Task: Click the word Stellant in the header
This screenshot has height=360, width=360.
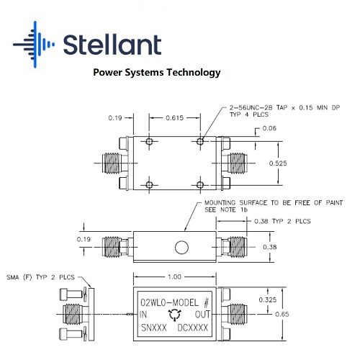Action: (x=112, y=45)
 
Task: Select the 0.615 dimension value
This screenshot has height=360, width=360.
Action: (x=174, y=118)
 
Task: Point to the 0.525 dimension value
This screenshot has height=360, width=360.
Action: (x=278, y=163)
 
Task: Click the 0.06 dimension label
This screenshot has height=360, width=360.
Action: (x=269, y=128)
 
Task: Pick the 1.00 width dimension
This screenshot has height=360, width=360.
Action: (x=174, y=276)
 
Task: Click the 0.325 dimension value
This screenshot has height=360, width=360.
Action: (x=268, y=300)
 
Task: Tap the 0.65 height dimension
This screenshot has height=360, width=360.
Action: (x=282, y=314)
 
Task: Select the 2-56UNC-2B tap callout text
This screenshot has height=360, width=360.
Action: (x=284, y=111)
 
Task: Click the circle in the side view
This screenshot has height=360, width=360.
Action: (x=181, y=247)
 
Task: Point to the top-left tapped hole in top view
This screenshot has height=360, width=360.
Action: (x=149, y=141)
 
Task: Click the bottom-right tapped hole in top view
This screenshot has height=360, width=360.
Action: (x=200, y=185)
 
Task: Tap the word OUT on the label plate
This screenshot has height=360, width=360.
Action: (x=202, y=315)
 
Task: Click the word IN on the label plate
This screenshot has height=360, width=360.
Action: (x=143, y=315)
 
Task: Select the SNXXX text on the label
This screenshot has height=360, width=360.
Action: (x=154, y=328)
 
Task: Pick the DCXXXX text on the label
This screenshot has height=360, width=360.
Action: (x=192, y=328)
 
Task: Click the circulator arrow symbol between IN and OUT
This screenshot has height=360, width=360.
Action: (x=175, y=315)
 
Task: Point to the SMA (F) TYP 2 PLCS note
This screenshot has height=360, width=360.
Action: (x=40, y=277)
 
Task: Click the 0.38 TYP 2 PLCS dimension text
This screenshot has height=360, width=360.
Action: (x=282, y=221)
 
